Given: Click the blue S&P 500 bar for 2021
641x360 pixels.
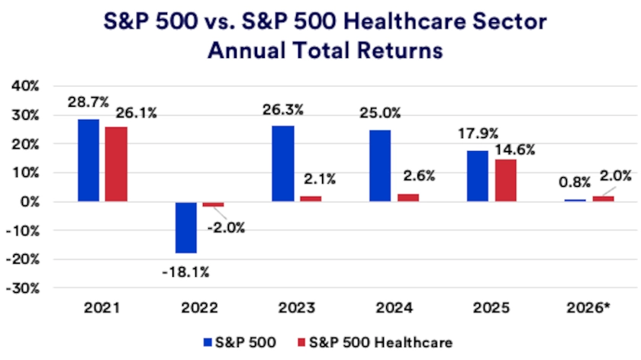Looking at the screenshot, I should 88,160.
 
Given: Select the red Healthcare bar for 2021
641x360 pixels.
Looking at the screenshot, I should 117,164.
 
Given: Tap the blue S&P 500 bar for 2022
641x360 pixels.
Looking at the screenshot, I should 185,227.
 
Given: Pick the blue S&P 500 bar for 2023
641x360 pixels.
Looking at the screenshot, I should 283,164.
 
